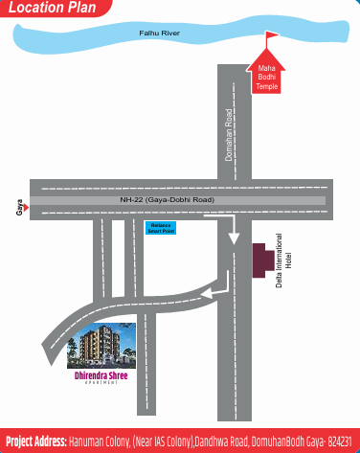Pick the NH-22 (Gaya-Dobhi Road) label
[x=168, y=199]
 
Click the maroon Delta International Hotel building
[x=259, y=260]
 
